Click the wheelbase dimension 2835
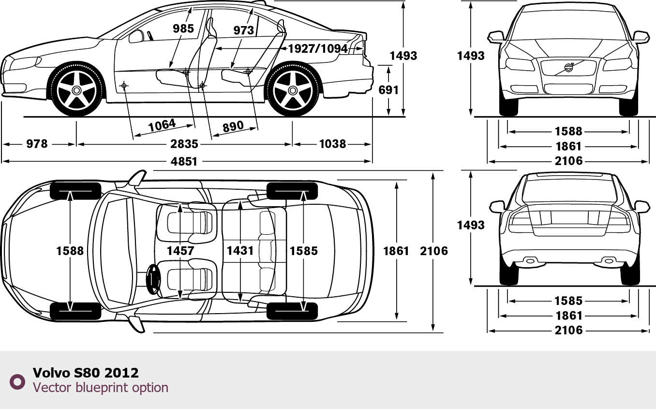[184, 144]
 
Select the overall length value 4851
[184, 161]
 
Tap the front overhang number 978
[37, 144]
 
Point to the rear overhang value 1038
[332, 144]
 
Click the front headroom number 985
[183, 29]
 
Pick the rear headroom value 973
[243, 30]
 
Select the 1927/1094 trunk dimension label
[318, 48]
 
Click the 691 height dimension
[389, 90]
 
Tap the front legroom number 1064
[162, 125]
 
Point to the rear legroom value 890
[233, 127]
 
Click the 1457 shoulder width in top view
[180, 251]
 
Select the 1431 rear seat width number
[240, 251]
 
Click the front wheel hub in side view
[76, 90]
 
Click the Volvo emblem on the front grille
[568, 68]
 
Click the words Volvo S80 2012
[86, 373]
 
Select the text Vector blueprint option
[101, 388]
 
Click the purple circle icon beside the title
[17, 381]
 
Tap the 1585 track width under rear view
[568, 301]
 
